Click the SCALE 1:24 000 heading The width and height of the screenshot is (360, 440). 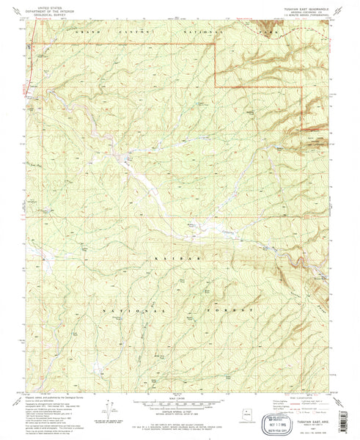(x=180, y=398)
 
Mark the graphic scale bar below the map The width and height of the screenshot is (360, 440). (x=180, y=404)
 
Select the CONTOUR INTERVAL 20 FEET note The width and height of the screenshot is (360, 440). (x=180, y=412)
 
